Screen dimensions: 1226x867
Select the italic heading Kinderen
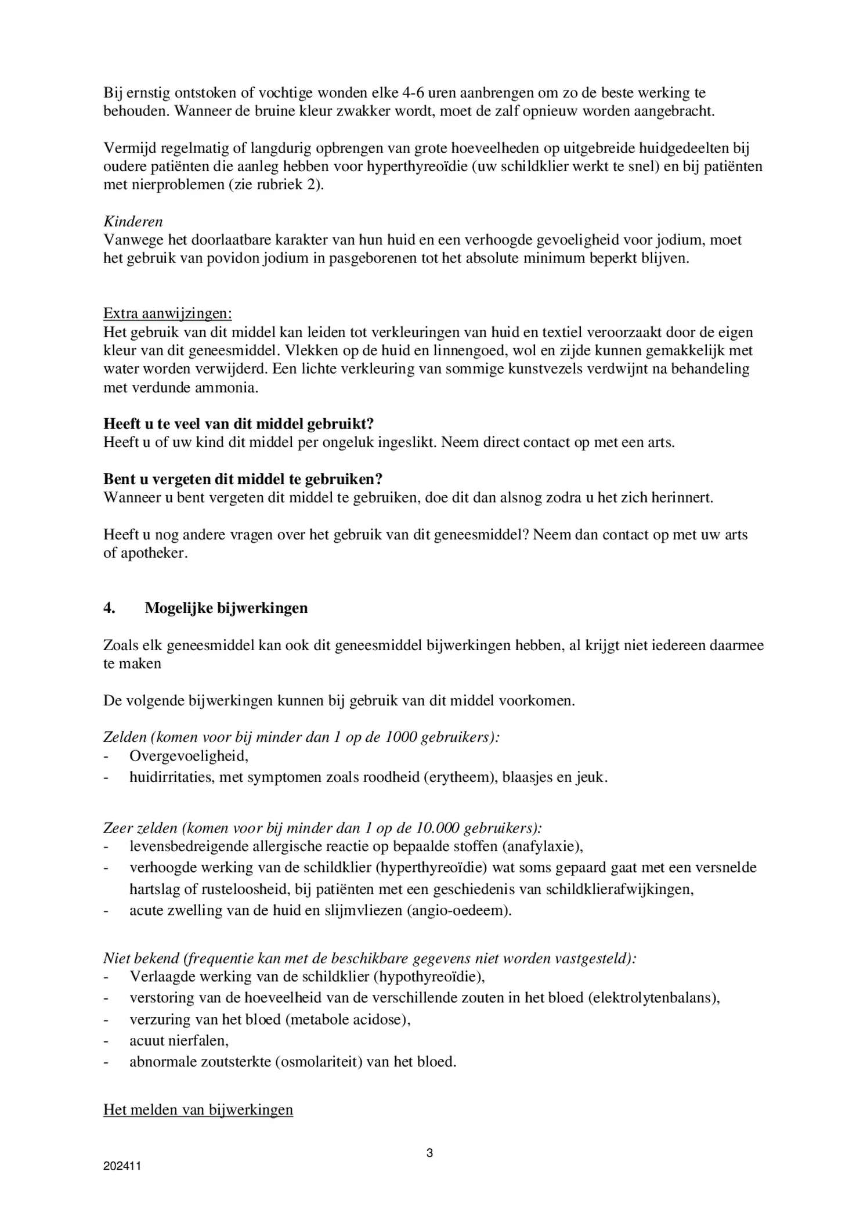point(133,221)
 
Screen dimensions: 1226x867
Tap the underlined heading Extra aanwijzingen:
point(167,313)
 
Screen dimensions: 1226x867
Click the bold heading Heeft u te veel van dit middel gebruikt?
point(238,424)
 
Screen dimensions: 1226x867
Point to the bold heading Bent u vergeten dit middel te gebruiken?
point(243,479)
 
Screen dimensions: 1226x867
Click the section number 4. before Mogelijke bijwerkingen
point(109,608)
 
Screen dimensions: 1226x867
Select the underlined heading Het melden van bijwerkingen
point(198,1109)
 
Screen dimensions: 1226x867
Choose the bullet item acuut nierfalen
point(179,1040)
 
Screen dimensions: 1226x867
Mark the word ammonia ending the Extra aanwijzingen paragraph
point(228,387)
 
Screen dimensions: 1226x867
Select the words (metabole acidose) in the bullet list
point(348,1019)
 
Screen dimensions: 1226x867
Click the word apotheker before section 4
point(153,553)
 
